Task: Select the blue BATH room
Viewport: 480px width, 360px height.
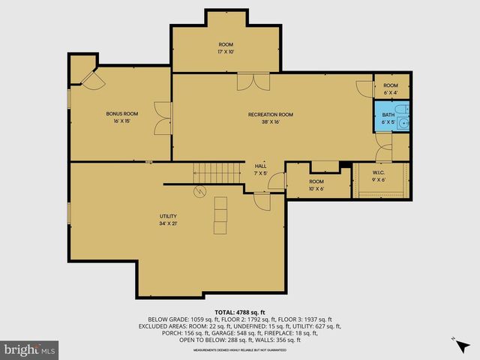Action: point(391,116)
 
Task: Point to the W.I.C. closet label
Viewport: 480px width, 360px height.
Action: point(378,173)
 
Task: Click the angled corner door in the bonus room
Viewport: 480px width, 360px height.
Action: point(92,81)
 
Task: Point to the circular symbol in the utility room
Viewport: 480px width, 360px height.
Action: point(199,191)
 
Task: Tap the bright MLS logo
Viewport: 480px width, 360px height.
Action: point(30,349)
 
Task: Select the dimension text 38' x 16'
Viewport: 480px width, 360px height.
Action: point(270,122)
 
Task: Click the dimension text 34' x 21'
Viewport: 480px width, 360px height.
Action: point(167,223)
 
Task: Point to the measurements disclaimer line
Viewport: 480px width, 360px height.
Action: point(239,349)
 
